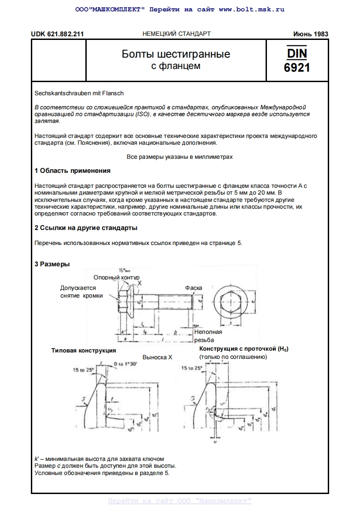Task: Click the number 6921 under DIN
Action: (x=297, y=68)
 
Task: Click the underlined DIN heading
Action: (x=297, y=53)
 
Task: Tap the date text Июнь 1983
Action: (x=311, y=34)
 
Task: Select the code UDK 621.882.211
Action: (x=57, y=34)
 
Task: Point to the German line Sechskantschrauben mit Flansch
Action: (x=79, y=93)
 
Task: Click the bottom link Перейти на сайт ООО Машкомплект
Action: (x=180, y=501)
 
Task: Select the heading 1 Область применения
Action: (x=73, y=171)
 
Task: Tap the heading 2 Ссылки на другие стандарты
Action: (x=86, y=228)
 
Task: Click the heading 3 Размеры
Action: (x=52, y=264)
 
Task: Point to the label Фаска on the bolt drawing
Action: (x=193, y=288)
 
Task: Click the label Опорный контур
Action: (x=116, y=277)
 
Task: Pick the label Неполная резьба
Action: (x=208, y=336)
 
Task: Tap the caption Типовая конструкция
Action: (x=84, y=351)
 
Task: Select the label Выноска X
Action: (x=158, y=357)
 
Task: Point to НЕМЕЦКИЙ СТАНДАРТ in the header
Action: (x=177, y=34)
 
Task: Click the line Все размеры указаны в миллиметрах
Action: (x=179, y=157)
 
